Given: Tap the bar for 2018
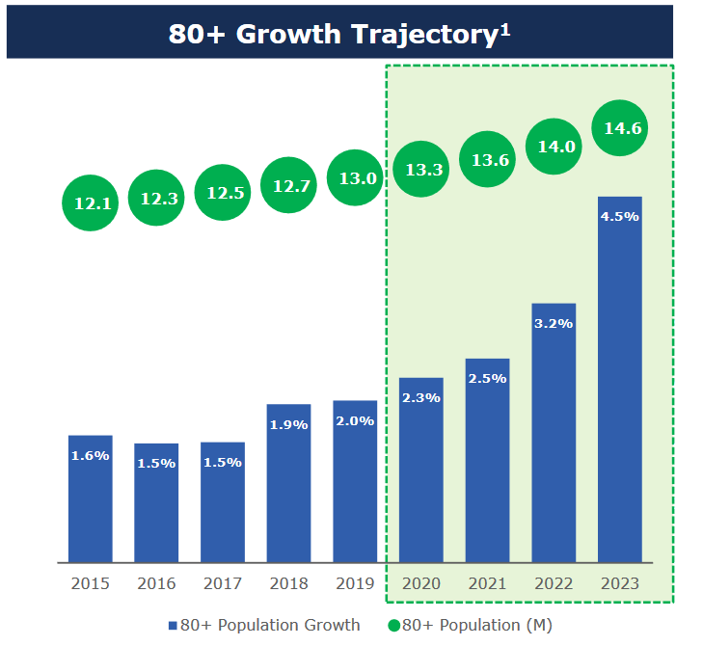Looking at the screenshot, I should (x=288, y=482).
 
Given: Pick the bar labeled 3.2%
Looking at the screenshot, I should (x=554, y=434).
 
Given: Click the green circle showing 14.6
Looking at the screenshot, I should (x=619, y=128).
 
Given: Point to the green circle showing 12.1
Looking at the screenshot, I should (x=91, y=202).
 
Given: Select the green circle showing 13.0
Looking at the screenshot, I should (x=355, y=177).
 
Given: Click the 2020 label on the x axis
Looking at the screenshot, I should (x=420, y=583).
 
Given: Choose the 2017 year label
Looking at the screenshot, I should (x=223, y=583).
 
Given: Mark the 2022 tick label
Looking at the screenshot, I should (x=554, y=583).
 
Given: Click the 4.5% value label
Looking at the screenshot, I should (x=619, y=217).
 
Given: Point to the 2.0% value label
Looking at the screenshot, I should (x=355, y=421).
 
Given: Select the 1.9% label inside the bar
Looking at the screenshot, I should (x=288, y=424).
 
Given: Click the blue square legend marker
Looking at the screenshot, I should (x=174, y=626).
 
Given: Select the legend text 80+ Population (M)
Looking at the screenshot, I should (x=476, y=626).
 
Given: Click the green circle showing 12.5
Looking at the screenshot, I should (x=223, y=193).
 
